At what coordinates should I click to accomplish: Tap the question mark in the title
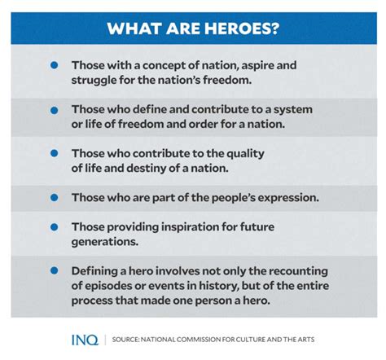[x=274, y=29]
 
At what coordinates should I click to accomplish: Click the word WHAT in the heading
[x=134, y=29]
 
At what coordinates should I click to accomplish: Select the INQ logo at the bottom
[x=85, y=340]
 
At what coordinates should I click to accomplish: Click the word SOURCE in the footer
[x=125, y=340]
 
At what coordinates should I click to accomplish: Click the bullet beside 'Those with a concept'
[x=55, y=65]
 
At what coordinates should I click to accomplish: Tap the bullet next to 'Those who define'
[x=55, y=110]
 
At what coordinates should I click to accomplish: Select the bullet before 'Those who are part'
[x=55, y=197]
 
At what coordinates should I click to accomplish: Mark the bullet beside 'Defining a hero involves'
[x=55, y=270]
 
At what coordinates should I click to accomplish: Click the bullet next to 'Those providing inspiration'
[x=55, y=227]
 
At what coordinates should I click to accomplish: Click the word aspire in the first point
[x=257, y=66]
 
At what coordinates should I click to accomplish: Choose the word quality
[x=245, y=154]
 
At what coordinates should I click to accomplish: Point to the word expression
[x=288, y=198]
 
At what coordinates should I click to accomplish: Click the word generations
[x=105, y=242]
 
